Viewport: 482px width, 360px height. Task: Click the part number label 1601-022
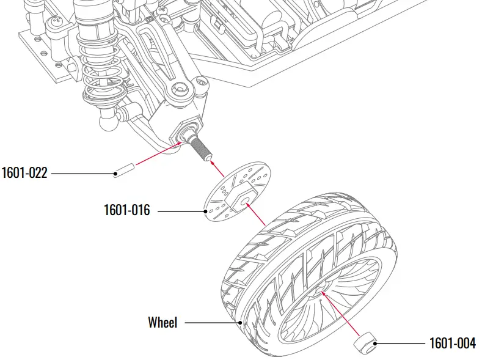point(24,173)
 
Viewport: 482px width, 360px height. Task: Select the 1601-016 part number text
point(126,211)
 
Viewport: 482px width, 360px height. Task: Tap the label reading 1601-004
point(452,343)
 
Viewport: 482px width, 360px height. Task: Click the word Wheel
point(162,322)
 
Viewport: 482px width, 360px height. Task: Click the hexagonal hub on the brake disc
point(243,197)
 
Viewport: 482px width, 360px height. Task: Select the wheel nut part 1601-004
point(365,342)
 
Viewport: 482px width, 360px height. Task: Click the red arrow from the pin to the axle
point(153,156)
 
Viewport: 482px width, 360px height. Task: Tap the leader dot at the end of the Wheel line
point(241,322)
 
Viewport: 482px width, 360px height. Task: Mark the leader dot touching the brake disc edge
point(206,211)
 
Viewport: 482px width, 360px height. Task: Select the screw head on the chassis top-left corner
point(57,22)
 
